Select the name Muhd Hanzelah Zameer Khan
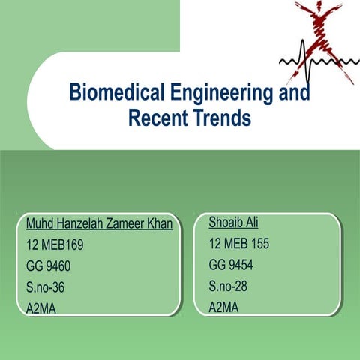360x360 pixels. coord(99,224)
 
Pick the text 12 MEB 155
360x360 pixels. coord(238,244)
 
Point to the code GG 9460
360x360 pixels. coord(49,265)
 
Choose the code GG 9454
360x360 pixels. coord(230,265)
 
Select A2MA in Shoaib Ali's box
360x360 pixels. coord(224,306)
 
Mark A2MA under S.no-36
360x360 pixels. coord(43,307)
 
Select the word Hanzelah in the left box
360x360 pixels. coord(76,224)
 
